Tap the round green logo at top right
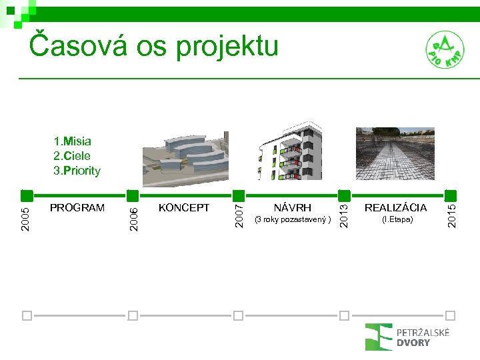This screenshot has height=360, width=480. [x=445, y=51]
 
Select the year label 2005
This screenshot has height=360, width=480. [x=25, y=219]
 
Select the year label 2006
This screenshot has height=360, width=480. [x=133, y=219]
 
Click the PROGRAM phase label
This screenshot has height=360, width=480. [x=77, y=208]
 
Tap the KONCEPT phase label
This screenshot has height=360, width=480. [x=184, y=208]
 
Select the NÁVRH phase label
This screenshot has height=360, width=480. [x=292, y=208]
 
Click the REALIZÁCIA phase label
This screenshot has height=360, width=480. [x=395, y=208]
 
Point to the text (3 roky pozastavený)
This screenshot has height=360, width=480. [x=293, y=219]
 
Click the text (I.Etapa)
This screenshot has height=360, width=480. [x=397, y=219]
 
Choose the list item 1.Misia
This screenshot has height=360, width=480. [x=73, y=141]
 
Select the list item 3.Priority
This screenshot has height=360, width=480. [x=77, y=171]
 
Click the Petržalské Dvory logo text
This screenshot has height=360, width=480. [x=423, y=337]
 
